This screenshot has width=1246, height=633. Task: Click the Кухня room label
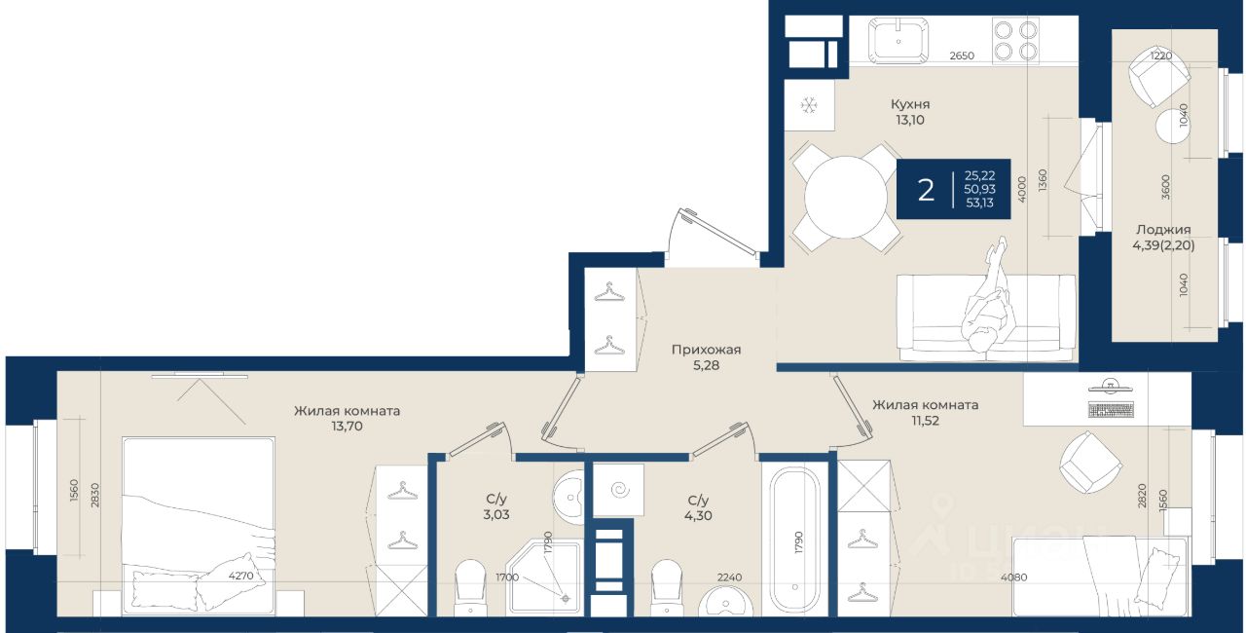click(910, 104)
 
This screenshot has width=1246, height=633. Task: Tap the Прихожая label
click(706, 350)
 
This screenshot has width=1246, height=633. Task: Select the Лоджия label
click(1163, 229)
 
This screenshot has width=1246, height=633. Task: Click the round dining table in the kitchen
click(846, 197)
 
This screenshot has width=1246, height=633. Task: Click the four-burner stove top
click(1015, 40)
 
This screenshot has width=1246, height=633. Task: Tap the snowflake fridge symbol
click(808, 104)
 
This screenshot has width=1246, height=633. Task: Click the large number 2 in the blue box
click(926, 190)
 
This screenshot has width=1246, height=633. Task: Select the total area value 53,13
click(979, 203)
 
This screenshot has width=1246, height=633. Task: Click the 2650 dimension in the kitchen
click(962, 56)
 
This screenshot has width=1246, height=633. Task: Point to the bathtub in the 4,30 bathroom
click(795, 540)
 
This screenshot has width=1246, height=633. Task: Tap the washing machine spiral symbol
click(619, 490)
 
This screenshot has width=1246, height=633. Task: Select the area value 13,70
click(347, 427)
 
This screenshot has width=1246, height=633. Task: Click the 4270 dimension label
click(240, 576)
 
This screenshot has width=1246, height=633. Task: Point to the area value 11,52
click(925, 421)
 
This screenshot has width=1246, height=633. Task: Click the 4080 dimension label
click(1013, 577)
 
